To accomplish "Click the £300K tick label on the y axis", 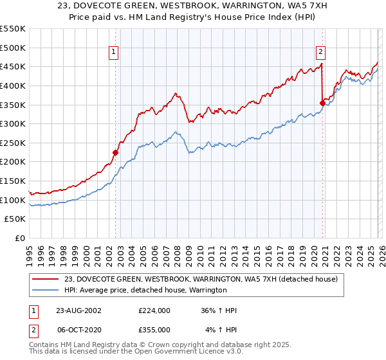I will (13, 123).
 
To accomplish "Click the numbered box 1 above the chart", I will (114, 53).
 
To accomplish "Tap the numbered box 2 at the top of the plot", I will (320, 53).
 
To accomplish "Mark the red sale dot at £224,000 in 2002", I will (116, 152).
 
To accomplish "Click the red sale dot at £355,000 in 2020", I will (322, 102).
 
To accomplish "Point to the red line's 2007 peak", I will (175, 94).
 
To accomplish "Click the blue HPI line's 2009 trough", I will (188, 152).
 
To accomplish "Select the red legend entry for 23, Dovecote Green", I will (205, 279).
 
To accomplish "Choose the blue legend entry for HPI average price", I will (145, 290).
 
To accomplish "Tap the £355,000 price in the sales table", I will (154, 329).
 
